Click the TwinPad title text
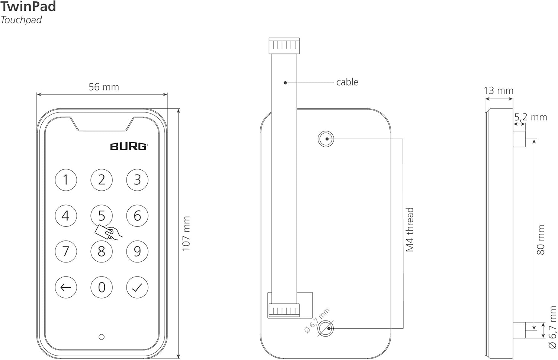coord(28,7)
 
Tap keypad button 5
coord(102,215)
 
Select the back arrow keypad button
coord(66,287)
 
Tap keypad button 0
coord(102,287)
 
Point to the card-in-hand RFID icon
coord(108,233)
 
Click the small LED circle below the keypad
coord(102,337)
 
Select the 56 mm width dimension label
coord(104,87)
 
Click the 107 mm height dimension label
coord(186,233)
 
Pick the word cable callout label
coord(347,82)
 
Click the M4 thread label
coord(410,230)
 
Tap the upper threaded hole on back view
coord(326,139)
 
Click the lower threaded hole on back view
coord(326,328)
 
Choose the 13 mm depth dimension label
coord(498,90)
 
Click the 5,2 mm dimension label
coord(530,117)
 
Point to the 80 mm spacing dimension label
coord(541,240)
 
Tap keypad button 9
coord(137,251)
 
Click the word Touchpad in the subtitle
coord(21,20)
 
